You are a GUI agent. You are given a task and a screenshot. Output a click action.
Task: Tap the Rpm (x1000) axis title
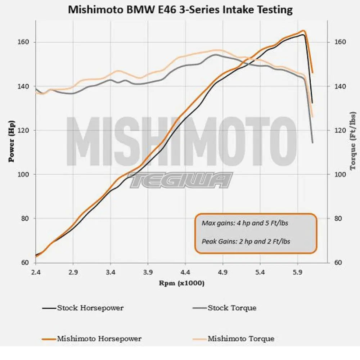182,283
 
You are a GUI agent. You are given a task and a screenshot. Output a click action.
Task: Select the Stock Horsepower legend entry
90,308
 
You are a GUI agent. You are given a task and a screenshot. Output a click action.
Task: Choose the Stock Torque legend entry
232,308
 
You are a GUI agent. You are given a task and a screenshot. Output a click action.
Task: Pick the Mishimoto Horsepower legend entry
99,339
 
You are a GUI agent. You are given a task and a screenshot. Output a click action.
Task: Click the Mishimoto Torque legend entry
241,339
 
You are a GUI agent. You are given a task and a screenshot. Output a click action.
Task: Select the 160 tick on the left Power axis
24,42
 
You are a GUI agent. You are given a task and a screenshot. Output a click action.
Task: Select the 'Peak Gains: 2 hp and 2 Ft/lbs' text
246,242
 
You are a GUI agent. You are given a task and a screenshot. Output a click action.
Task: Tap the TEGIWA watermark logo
181,180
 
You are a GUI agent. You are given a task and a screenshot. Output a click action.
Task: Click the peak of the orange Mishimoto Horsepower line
303,31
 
